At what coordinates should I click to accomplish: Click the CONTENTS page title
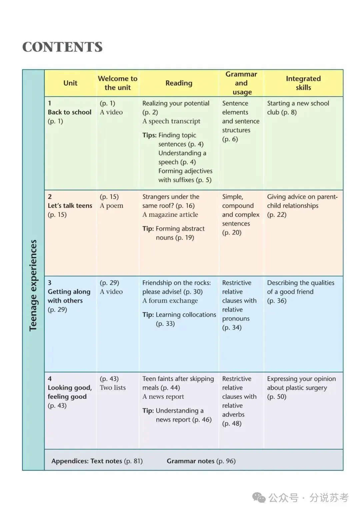(62, 47)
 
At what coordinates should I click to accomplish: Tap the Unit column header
(70, 83)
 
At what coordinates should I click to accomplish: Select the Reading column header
(179, 83)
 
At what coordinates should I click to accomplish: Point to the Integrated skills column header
(303, 83)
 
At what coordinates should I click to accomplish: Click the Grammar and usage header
(241, 83)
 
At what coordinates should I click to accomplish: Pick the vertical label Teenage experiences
(33, 285)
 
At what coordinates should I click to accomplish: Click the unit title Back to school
(69, 112)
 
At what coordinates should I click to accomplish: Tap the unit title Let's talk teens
(70, 206)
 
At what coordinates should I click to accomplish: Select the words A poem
(111, 206)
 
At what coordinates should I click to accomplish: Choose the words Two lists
(113, 388)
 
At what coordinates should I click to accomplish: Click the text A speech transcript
(171, 121)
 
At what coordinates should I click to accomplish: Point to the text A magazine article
(170, 215)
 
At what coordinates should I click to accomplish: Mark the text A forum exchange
(170, 301)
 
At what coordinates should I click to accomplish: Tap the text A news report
(163, 397)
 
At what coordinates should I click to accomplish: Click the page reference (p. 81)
(133, 461)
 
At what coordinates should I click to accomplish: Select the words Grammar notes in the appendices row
(190, 461)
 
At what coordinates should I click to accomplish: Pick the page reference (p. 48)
(232, 424)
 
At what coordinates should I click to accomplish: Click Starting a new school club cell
(298, 108)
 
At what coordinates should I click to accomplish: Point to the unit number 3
(50, 283)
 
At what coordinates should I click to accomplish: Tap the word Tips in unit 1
(149, 135)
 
